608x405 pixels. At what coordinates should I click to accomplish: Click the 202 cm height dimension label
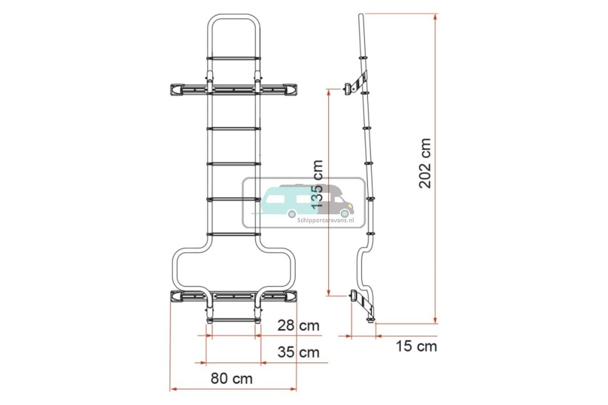point(425,164)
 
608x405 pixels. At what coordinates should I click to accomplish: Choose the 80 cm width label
point(232,378)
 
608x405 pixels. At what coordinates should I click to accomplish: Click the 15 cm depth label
point(416,346)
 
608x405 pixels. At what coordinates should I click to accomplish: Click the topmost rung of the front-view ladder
point(233,58)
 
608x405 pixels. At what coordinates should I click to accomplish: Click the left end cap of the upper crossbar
point(176,90)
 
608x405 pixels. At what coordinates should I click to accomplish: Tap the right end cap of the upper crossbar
point(291,90)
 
